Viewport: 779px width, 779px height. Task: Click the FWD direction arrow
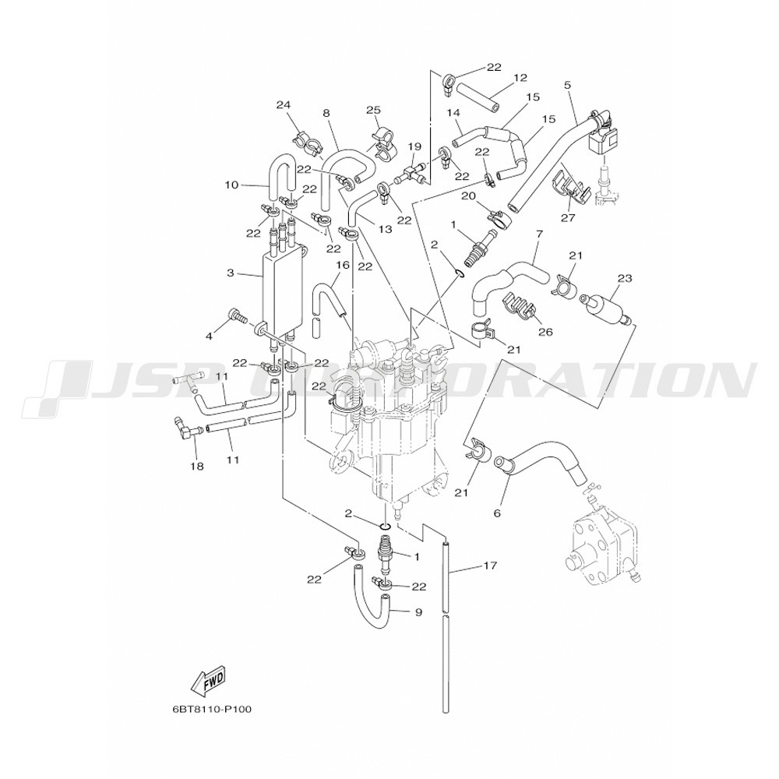[x=208, y=683]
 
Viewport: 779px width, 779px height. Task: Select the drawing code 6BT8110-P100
[x=212, y=710]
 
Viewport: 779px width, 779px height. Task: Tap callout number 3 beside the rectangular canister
[x=231, y=273]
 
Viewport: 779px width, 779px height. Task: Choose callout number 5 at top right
[x=567, y=84]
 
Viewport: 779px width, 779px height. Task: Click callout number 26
[x=545, y=332]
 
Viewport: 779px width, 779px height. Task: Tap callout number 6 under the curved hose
[x=496, y=513]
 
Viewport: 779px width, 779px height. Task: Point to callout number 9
[x=418, y=612]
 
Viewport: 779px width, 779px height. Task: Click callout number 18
[x=197, y=466]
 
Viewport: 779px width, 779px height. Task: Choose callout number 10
[x=231, y=185]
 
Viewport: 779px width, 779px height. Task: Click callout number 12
[x=520, y=78]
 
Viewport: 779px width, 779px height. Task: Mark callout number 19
[x=435, y=146]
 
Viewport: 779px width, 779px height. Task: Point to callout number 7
[x=538, y=234]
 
